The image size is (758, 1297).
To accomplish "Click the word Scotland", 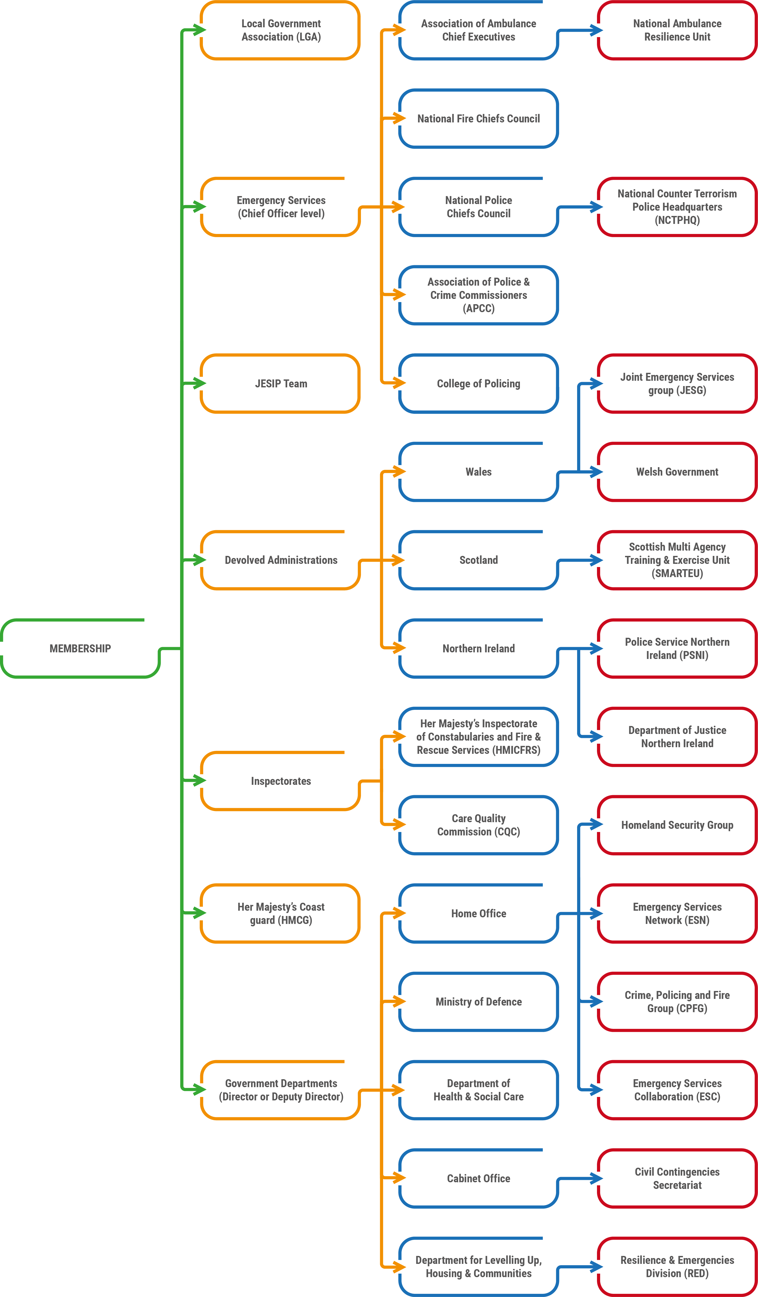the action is click(479, 560).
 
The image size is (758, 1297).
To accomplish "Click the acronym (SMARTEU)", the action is click(677, 573).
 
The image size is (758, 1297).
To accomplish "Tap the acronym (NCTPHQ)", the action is click(677, 220).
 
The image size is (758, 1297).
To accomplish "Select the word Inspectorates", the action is click(281, 781).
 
